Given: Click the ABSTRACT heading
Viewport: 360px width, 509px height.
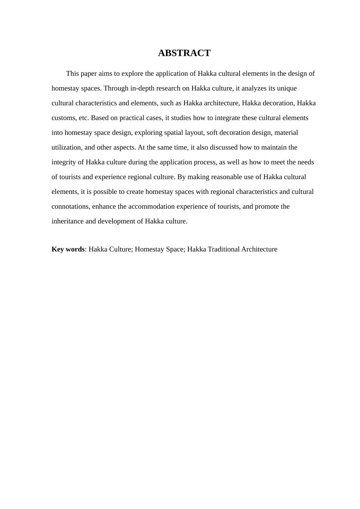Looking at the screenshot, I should click(x=184, y=53).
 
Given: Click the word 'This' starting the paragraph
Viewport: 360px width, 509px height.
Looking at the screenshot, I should click(x=72, y=73).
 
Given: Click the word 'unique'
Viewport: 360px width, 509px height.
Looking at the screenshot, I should click(x=287, y=88).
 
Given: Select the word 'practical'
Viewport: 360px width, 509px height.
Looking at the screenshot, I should click(x=133, y=118).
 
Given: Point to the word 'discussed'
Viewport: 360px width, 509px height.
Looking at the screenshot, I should click(x=224, y=147).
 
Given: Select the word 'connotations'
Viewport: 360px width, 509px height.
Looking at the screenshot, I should click(x=71, y=206).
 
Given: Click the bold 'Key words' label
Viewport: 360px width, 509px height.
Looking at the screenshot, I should click(x=68, y=249).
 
